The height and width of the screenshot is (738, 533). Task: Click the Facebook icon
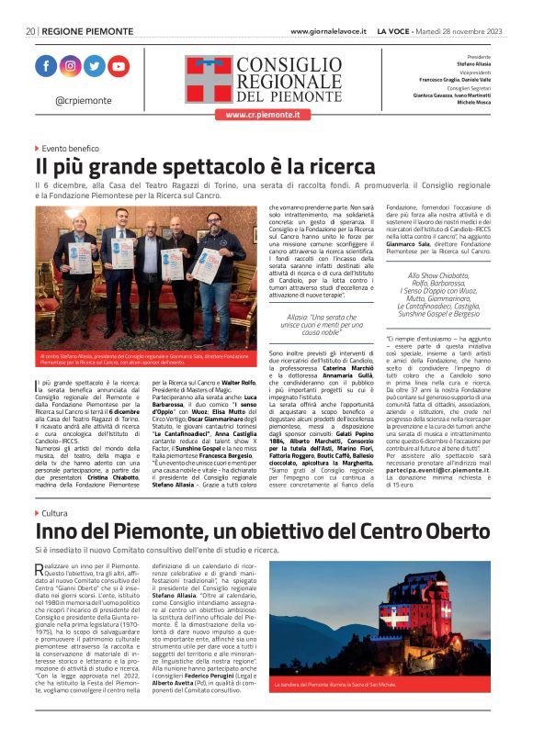46,66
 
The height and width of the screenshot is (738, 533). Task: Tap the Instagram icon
71,66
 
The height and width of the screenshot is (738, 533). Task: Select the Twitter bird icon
95,66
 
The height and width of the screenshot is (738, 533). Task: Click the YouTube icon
119,66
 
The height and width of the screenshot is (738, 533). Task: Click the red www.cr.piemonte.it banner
257,115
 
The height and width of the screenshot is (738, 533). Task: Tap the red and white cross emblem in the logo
210,79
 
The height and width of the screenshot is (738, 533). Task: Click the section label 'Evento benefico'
70,147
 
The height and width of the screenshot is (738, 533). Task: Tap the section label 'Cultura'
54,513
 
